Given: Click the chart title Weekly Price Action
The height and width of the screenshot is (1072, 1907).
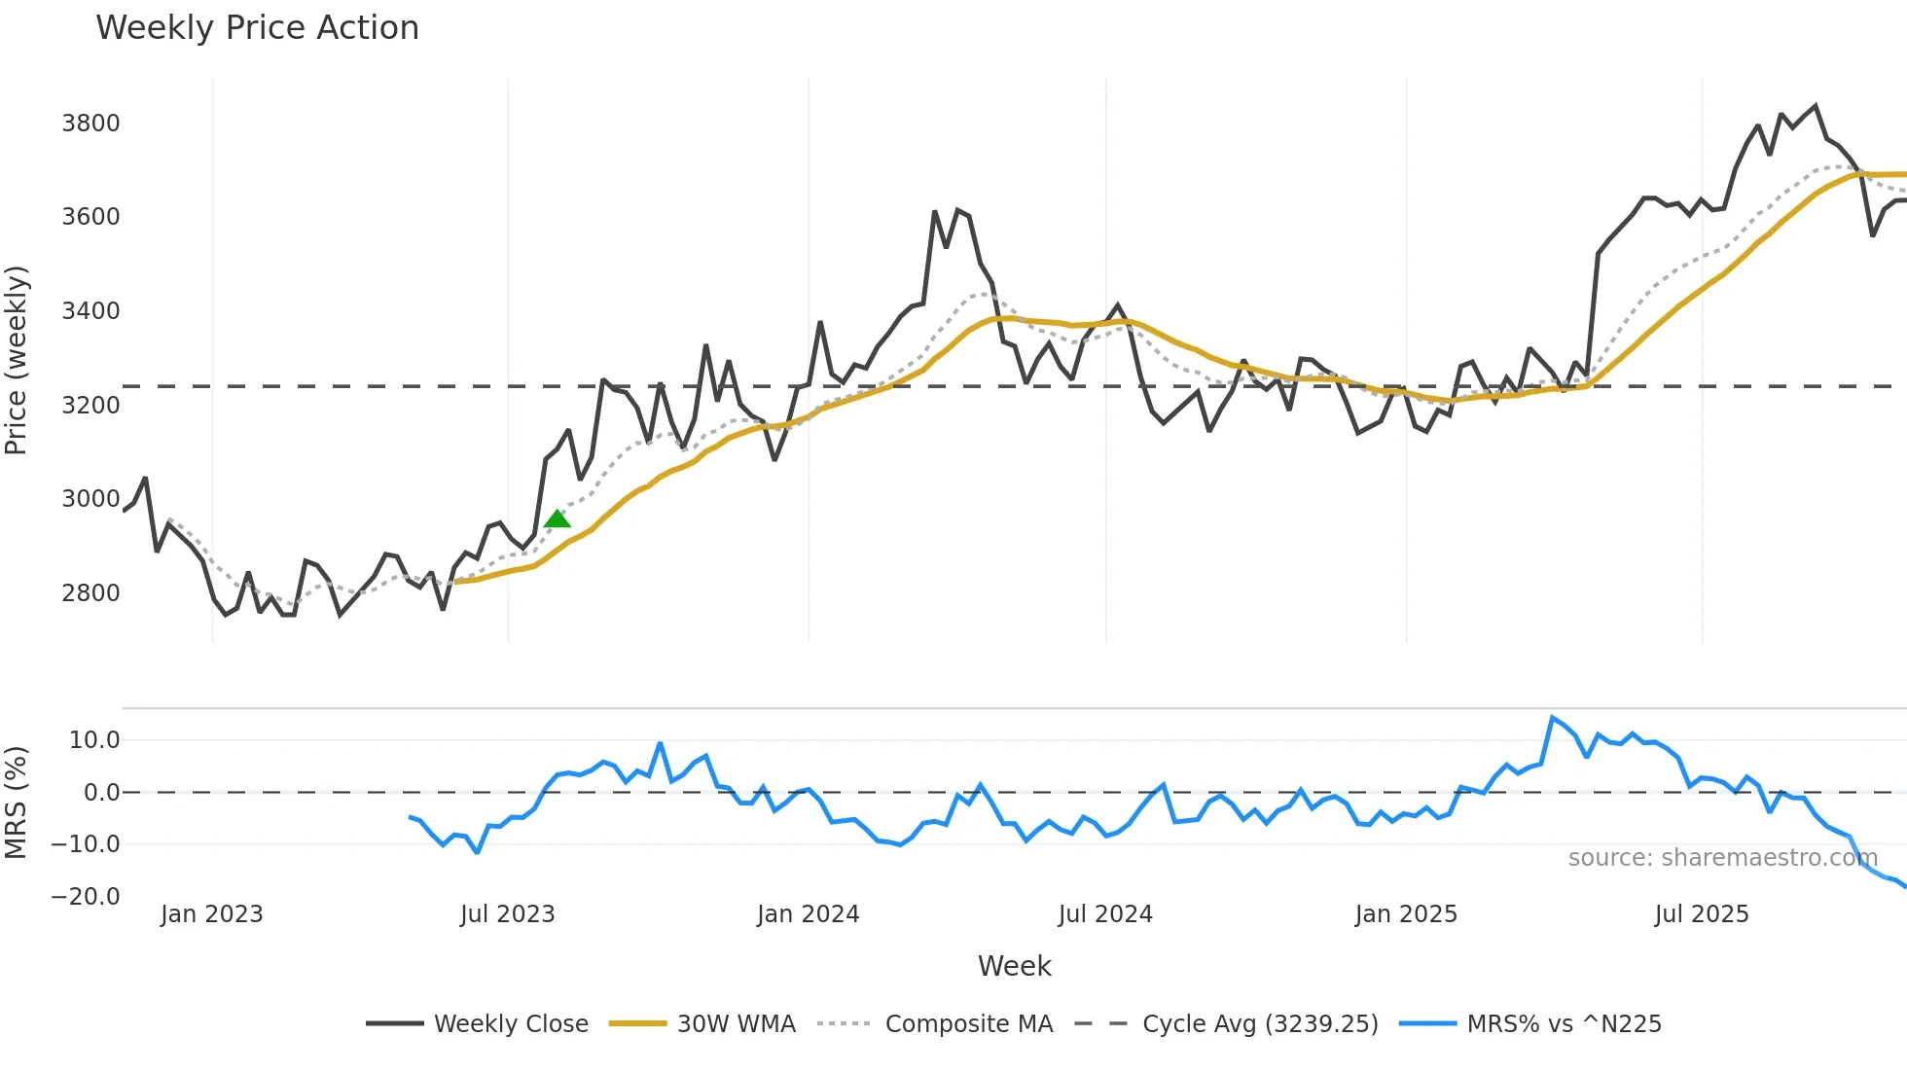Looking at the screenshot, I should [257, 28].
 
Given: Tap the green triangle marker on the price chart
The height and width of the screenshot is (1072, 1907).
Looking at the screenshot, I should [557, 519].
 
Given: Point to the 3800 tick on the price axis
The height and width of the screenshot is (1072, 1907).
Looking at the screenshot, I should [90, 124].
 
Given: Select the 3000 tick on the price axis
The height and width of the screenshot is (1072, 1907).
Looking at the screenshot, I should [90, 499].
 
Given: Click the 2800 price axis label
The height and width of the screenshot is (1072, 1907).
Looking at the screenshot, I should [90, 593].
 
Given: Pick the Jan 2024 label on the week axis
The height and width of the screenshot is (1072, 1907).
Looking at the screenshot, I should [808, 914].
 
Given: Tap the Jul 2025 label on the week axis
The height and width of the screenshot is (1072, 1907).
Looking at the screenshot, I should [1702, 914].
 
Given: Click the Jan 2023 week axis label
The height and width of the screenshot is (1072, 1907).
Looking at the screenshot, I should [211, 914].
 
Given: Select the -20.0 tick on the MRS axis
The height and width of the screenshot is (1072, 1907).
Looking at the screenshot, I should [86, 897].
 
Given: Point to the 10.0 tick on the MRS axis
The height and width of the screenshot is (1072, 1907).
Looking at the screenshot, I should [94, 740].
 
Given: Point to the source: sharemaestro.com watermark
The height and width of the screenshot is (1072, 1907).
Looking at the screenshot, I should [1722, 858].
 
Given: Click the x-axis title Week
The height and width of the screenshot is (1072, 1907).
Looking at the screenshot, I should [1014, 966].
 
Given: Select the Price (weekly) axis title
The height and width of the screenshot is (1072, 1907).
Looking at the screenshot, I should [17, 360].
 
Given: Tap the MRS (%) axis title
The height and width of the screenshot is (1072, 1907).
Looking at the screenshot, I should [17, 803].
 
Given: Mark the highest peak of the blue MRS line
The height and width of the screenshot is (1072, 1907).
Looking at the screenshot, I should [1552, 718].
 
